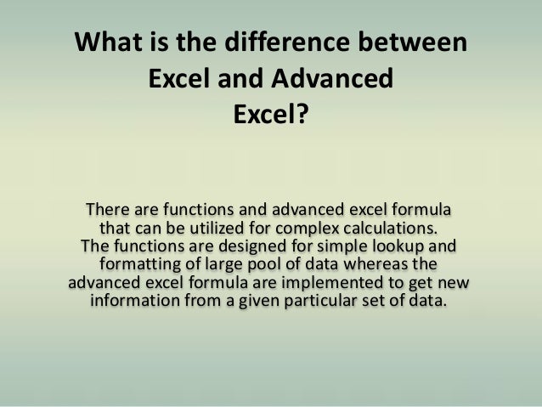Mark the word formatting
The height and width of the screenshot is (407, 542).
(139, 265)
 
